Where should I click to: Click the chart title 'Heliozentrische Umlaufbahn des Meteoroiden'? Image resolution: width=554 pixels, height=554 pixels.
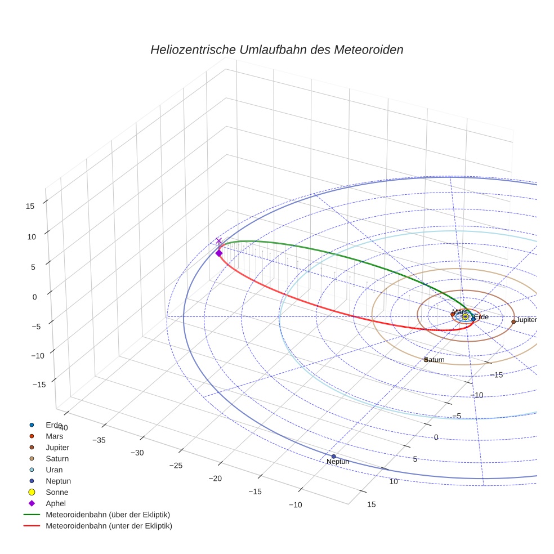click(276, 50)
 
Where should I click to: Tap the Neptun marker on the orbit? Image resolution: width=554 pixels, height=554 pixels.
click(333, 456)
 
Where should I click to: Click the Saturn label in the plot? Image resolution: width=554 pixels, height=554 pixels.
click(435, 360)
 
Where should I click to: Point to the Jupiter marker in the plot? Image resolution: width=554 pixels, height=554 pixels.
click(513, 321)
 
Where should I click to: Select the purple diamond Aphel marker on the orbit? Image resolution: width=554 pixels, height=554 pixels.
click(219, 253)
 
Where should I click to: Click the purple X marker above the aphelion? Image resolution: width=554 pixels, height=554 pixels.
click(219, 241)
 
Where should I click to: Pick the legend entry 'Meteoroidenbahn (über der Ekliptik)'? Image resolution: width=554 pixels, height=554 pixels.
click(108, 515)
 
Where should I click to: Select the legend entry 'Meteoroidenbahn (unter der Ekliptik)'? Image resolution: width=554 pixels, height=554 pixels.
click(109, 526)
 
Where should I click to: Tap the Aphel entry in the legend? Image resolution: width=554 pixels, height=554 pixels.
click(55, 503)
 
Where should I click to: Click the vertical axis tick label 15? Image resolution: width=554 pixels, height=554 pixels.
click(30, 206)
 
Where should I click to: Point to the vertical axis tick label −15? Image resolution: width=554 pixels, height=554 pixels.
click(39, 385)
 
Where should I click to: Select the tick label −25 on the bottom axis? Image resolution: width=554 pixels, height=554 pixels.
click(176, 466)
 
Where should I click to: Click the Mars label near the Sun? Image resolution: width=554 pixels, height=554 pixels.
click(459, 312)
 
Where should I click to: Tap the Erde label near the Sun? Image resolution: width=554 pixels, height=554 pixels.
click(482, 318)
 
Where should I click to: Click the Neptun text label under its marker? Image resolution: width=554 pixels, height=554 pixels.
click(338, 462)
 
